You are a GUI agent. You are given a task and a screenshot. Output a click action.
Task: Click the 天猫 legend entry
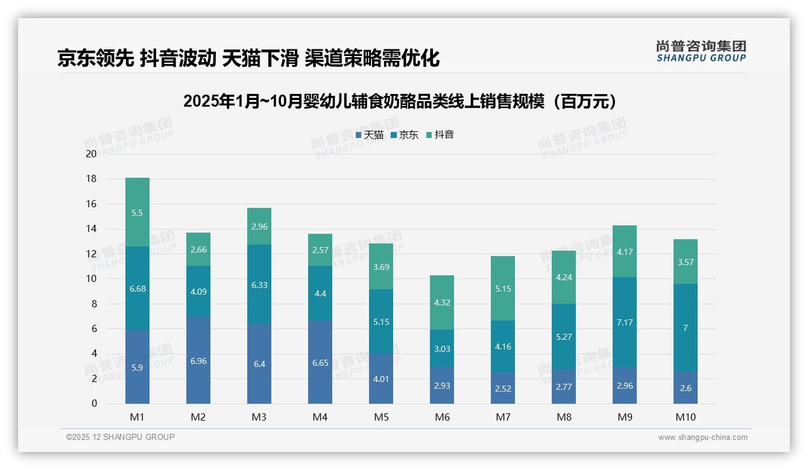370,135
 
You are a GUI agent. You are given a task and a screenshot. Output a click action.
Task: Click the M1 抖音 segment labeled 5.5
137,213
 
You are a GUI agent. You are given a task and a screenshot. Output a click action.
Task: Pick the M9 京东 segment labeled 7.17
625,322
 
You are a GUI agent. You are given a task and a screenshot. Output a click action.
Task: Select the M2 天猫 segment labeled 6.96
198,360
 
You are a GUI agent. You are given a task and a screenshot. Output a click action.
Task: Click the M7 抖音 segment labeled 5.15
503,289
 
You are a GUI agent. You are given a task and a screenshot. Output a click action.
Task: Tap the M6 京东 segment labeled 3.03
442,349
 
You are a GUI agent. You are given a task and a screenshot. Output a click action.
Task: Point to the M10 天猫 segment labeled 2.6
686,388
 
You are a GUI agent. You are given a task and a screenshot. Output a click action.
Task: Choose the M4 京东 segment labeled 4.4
320,293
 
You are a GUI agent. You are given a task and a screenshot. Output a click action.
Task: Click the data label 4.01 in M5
381,379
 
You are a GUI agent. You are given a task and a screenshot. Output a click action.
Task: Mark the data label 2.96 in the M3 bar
259,227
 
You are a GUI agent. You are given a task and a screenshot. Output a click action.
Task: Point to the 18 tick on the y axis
91,179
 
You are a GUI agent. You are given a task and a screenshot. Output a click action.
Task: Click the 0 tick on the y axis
94,404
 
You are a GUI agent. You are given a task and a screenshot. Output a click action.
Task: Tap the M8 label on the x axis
564,417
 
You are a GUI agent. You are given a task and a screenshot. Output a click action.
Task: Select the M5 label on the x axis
381,417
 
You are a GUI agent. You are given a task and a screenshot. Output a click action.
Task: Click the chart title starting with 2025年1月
402,101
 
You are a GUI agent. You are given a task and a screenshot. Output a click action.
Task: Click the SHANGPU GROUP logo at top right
701,51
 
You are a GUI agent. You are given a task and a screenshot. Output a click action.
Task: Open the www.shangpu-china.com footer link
702,437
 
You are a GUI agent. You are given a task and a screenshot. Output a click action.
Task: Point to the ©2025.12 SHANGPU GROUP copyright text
121,437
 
